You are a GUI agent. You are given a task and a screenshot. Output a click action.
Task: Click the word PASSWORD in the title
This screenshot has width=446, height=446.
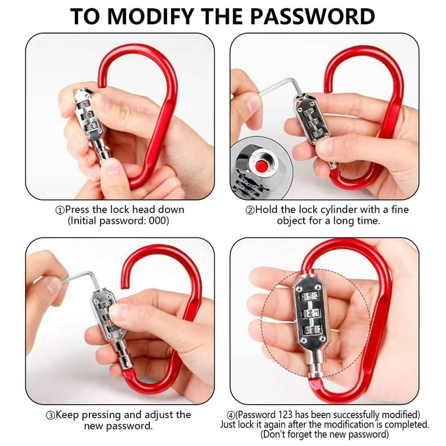click(312, 16)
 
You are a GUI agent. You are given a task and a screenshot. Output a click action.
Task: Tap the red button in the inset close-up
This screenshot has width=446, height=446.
click(260, 166)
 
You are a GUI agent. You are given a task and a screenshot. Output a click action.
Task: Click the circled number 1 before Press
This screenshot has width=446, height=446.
click(60, 210)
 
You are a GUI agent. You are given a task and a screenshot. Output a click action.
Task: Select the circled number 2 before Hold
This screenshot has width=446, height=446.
click(250, 210)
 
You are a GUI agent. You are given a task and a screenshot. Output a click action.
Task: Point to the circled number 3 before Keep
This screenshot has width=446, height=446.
click(50, 416)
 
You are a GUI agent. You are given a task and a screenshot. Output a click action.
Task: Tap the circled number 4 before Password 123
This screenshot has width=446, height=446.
click(231, 415)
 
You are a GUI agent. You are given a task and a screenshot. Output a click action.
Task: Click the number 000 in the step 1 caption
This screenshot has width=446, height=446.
click(157, 221)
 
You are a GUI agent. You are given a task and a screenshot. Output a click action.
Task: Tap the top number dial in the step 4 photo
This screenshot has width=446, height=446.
click(310, 297)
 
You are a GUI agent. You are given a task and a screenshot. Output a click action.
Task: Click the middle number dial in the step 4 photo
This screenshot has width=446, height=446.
click(311, 314)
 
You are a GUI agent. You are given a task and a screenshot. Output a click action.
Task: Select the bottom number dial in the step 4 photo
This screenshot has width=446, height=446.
click(312, 330)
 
